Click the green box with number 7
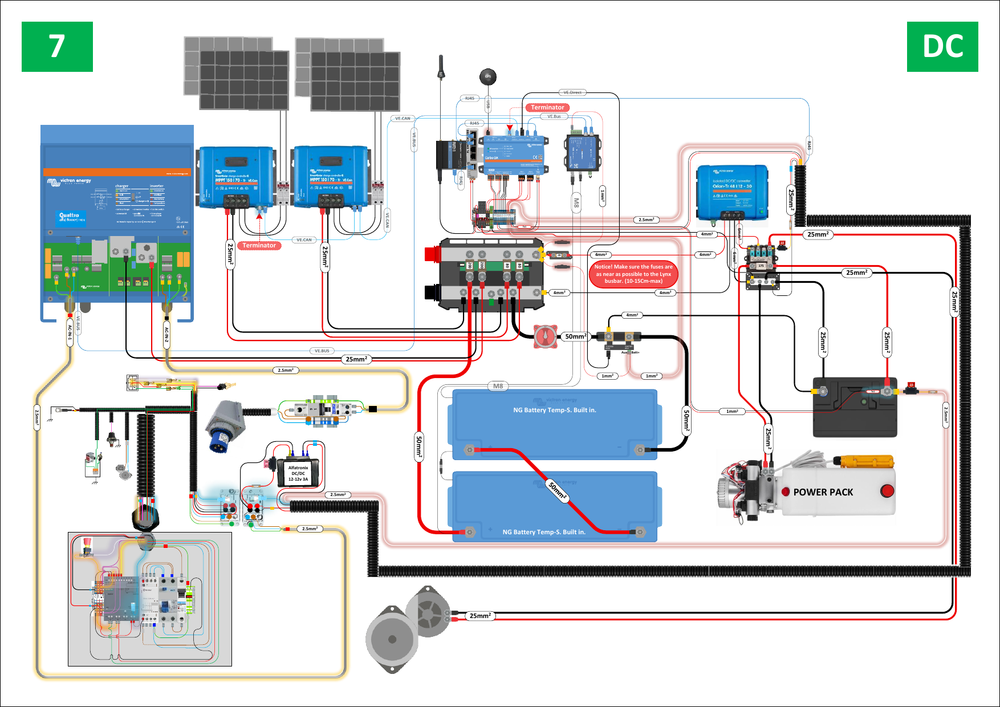pos(57,47)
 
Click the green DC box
pos(942,47)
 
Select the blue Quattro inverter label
pos(72,217)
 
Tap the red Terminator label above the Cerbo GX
pos(547,107)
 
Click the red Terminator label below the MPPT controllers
pos(259,246)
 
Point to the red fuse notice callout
pos(633,274)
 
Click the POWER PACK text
pos(823,492)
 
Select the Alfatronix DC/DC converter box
pos(298,473)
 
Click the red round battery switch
pos(546,336)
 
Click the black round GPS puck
pos(487,76)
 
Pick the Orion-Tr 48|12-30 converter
pos(732,193)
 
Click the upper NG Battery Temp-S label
pos(554,410)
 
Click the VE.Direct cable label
pos(572,92)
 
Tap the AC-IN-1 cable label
pos(70,332)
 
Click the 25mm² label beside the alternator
pos(480,616)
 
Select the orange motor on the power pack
pos(863,461)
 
